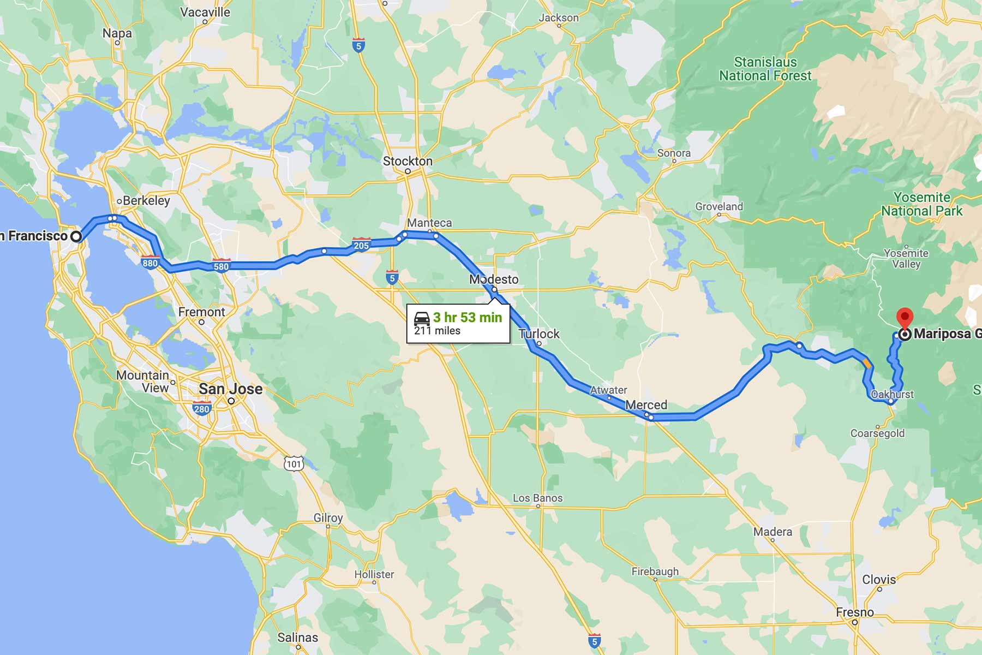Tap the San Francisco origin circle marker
pyautogui.click(x=76, y=236)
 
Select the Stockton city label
pyautogui.click(x=408, y=161)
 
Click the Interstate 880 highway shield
pyautogui.click(x=150, y=262)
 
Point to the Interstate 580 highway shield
pyautogui.click(x=221, y=266)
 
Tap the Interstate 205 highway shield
pyautogui.click(x=361, y=245)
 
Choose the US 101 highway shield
pyautogui.click(x=294, y=463)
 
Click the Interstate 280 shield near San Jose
pyautogui.click(x=202, y=408)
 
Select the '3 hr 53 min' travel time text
pyautogui.click(x=468, y=318)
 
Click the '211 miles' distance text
pyautogui.click(x=437, y=331)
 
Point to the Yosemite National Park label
pyautogui.click(x=921, y=204)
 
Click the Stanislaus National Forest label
pyautogui.click(x=765, y=69)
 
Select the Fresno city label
pyautogui.click(x=855, y=612)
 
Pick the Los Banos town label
pyautogui.click(x=537, y=498)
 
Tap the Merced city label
pyautogui.click(x=646, y=405)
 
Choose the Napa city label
pyautogui.click(x=117, y=33)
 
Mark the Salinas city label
pyautogui.click(x=297, y=638)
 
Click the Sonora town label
pyautogui.click(x=674, y=153)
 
